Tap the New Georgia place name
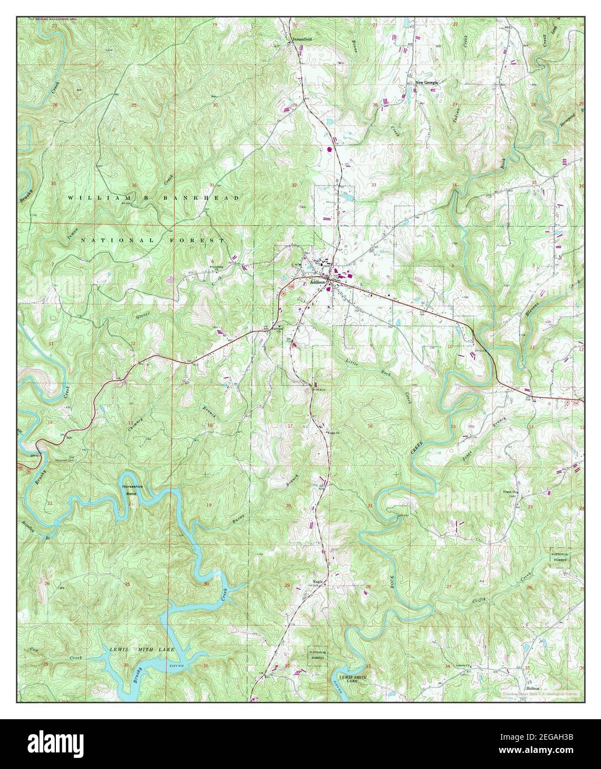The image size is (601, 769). point(427,82)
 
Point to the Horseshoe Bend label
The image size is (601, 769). point(130,489)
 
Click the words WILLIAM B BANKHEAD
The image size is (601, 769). point(154,198)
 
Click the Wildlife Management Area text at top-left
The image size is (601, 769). point(58,19)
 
